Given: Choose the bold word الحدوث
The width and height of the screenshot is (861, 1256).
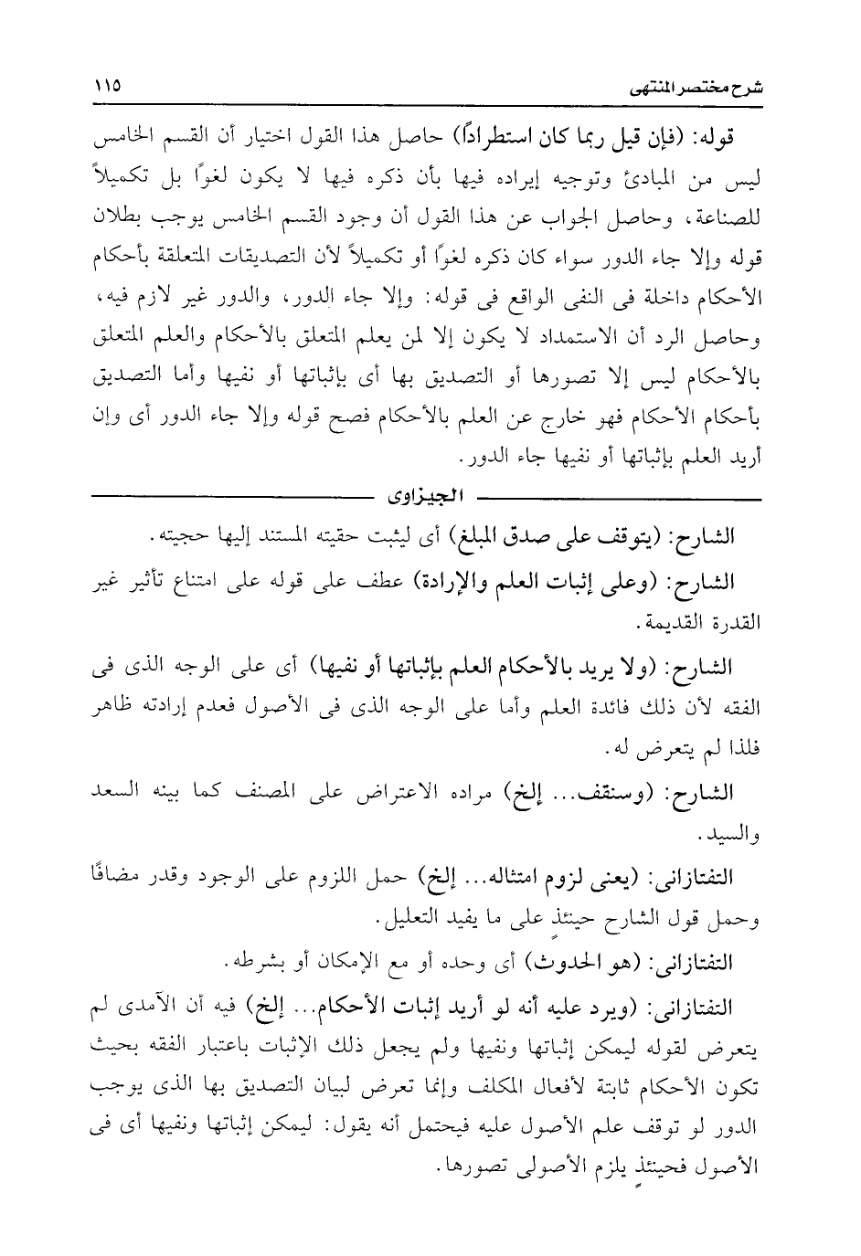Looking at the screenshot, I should (x=576, y=962).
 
